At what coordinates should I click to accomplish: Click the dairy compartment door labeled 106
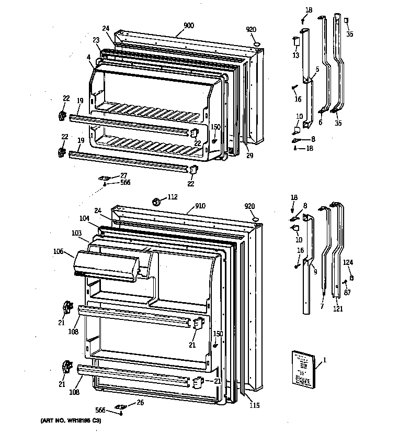[x=107, y=263]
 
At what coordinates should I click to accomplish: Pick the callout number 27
[x=123, y=175]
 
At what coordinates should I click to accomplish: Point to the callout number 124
[x=348, y=262]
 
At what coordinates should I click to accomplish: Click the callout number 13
[x=295, y=56]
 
